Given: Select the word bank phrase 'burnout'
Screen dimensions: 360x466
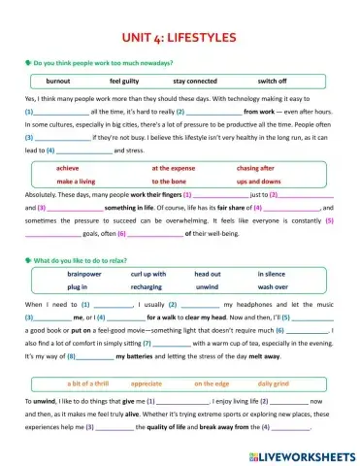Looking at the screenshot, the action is [58, 82].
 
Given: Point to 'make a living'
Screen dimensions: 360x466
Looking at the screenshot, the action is [77, 181].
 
